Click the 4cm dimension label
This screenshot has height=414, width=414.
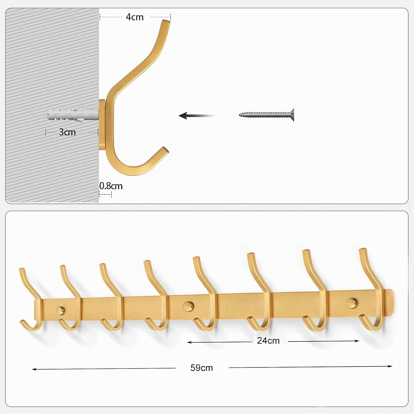pos(135,17)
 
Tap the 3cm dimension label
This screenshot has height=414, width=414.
pos(67,132)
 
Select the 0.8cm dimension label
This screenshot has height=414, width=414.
pos(111,186)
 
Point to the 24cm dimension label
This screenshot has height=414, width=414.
pos(268,341)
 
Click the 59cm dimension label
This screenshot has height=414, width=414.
pos(201,368)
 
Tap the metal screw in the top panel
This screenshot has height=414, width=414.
pos(267,115)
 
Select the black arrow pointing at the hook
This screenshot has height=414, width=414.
pos(197,115)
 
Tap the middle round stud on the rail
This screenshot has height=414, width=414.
pos(189,306)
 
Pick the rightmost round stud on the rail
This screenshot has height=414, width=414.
pos(351,303)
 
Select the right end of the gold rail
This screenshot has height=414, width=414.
pos(393,302)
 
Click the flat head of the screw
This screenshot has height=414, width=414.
pos(292,115)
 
